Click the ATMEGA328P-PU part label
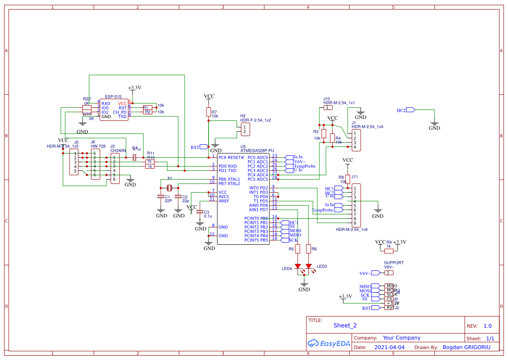257,150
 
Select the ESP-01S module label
113,97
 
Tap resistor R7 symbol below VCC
209,112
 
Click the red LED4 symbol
298,266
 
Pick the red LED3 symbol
309,266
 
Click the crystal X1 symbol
169,188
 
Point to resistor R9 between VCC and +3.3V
389,250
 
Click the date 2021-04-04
389,347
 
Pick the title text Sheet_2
345,325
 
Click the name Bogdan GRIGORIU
466,347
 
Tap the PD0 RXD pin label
227,166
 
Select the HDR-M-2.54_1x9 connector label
352,230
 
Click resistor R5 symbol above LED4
298,249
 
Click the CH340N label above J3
118,150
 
